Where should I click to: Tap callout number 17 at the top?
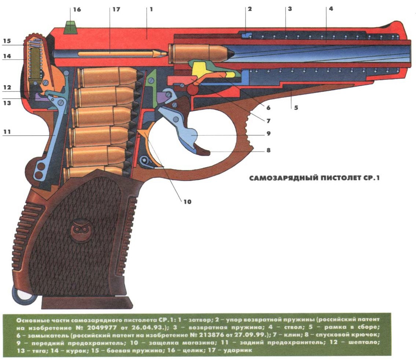[116, 9]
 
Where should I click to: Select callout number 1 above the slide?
[151, 9]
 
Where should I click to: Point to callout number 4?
[331, 9]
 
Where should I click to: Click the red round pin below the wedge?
[193, 88]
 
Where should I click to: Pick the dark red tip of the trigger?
[202, 150]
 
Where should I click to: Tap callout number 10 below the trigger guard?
[187, 201]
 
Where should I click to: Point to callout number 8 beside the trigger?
[268, 150]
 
